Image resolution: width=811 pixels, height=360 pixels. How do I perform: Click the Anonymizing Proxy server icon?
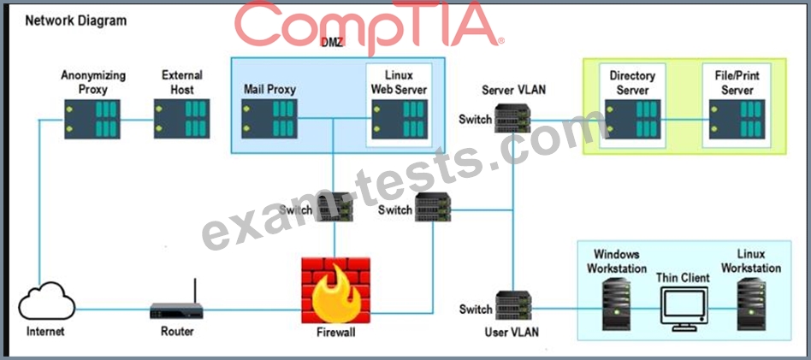point(94,119)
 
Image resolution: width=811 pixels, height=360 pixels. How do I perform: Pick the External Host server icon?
point(181,119)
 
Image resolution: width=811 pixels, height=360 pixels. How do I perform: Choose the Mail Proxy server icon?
point(269,119)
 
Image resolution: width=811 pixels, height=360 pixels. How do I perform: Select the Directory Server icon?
point(631,119)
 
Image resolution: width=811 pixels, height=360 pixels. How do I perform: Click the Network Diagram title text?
point(75,21)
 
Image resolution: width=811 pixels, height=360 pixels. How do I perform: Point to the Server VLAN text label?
point(513,90)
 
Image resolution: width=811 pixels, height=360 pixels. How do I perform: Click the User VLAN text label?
point(512,332)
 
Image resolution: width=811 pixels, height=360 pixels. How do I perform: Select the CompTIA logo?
point(368,26)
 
